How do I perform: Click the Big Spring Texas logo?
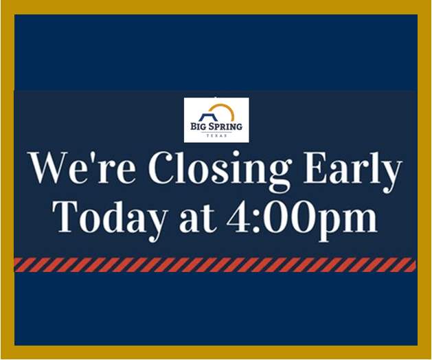click(216, 120)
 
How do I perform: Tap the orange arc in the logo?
click(225, 110)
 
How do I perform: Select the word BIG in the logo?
click(198, 127)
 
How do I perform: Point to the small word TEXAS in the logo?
click(216, 136)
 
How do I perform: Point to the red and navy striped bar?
click(215, 265)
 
